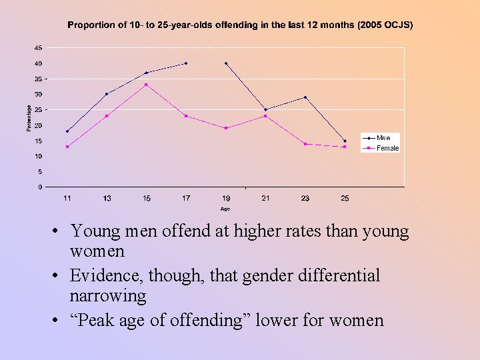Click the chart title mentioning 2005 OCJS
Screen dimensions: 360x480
coord(240,25)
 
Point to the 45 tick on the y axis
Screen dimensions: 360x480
coord(38,48)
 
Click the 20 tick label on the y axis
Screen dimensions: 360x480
coord(38,125)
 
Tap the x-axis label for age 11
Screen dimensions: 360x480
coord(67,198)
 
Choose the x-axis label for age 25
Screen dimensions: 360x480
coord(345,198)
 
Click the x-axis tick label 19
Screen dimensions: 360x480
coord(226,198)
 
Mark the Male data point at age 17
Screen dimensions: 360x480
coord(186,63)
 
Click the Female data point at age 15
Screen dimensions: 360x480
coord(146,85)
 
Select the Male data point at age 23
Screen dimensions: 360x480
coord(305,97)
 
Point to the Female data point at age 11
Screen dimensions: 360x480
coord(67,147)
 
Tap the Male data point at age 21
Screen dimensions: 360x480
coord(265,110)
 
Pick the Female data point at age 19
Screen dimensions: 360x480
coord(226,128)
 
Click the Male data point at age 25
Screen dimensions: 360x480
coord(345,141)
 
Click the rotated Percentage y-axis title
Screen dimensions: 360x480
coord(29,117)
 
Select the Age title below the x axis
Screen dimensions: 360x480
coord(225,209)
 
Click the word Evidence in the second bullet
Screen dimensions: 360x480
coord(101,276)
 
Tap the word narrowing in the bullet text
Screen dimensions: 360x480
coord(107,295)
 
